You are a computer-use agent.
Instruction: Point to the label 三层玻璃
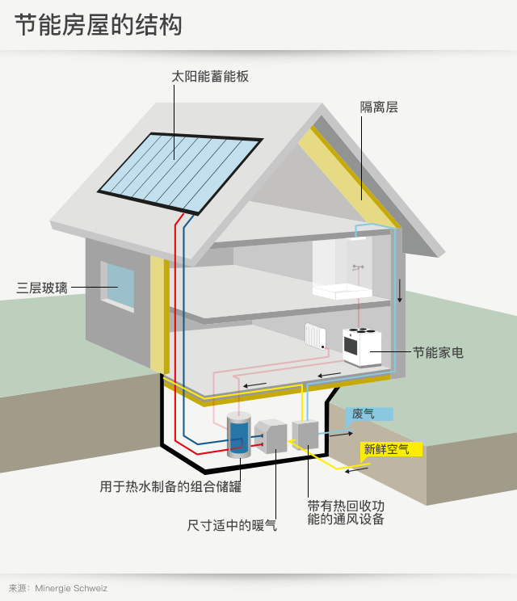pyautogui.click(x=42, y=288)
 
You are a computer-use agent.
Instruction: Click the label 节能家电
pyautogui.click(x=438, y=352)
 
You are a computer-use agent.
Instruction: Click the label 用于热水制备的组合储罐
pyautogui.click(x=170, y=487)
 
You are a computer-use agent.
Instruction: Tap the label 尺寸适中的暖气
pyautogui.click(x=232, y=525)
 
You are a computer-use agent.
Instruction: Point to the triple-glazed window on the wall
pyautogui.click(x=118, y=285)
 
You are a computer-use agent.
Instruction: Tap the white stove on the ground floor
pyautogui.click(x=361, y=346)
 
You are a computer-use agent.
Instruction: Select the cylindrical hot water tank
pyautogui.click(x=237, y=435)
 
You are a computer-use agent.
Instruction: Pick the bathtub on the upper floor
pyautogui.click(x=343, y=291)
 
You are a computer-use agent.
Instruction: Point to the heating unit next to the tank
pyautogui.click(x=271, y=437)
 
